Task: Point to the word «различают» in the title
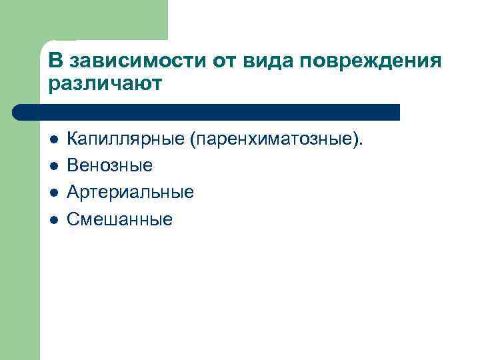coord(105,85)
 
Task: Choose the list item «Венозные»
coord(110,166)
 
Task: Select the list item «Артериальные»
coord(131,193)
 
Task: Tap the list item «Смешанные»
coord(120,219)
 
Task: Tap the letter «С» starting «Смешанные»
coord(73,219)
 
